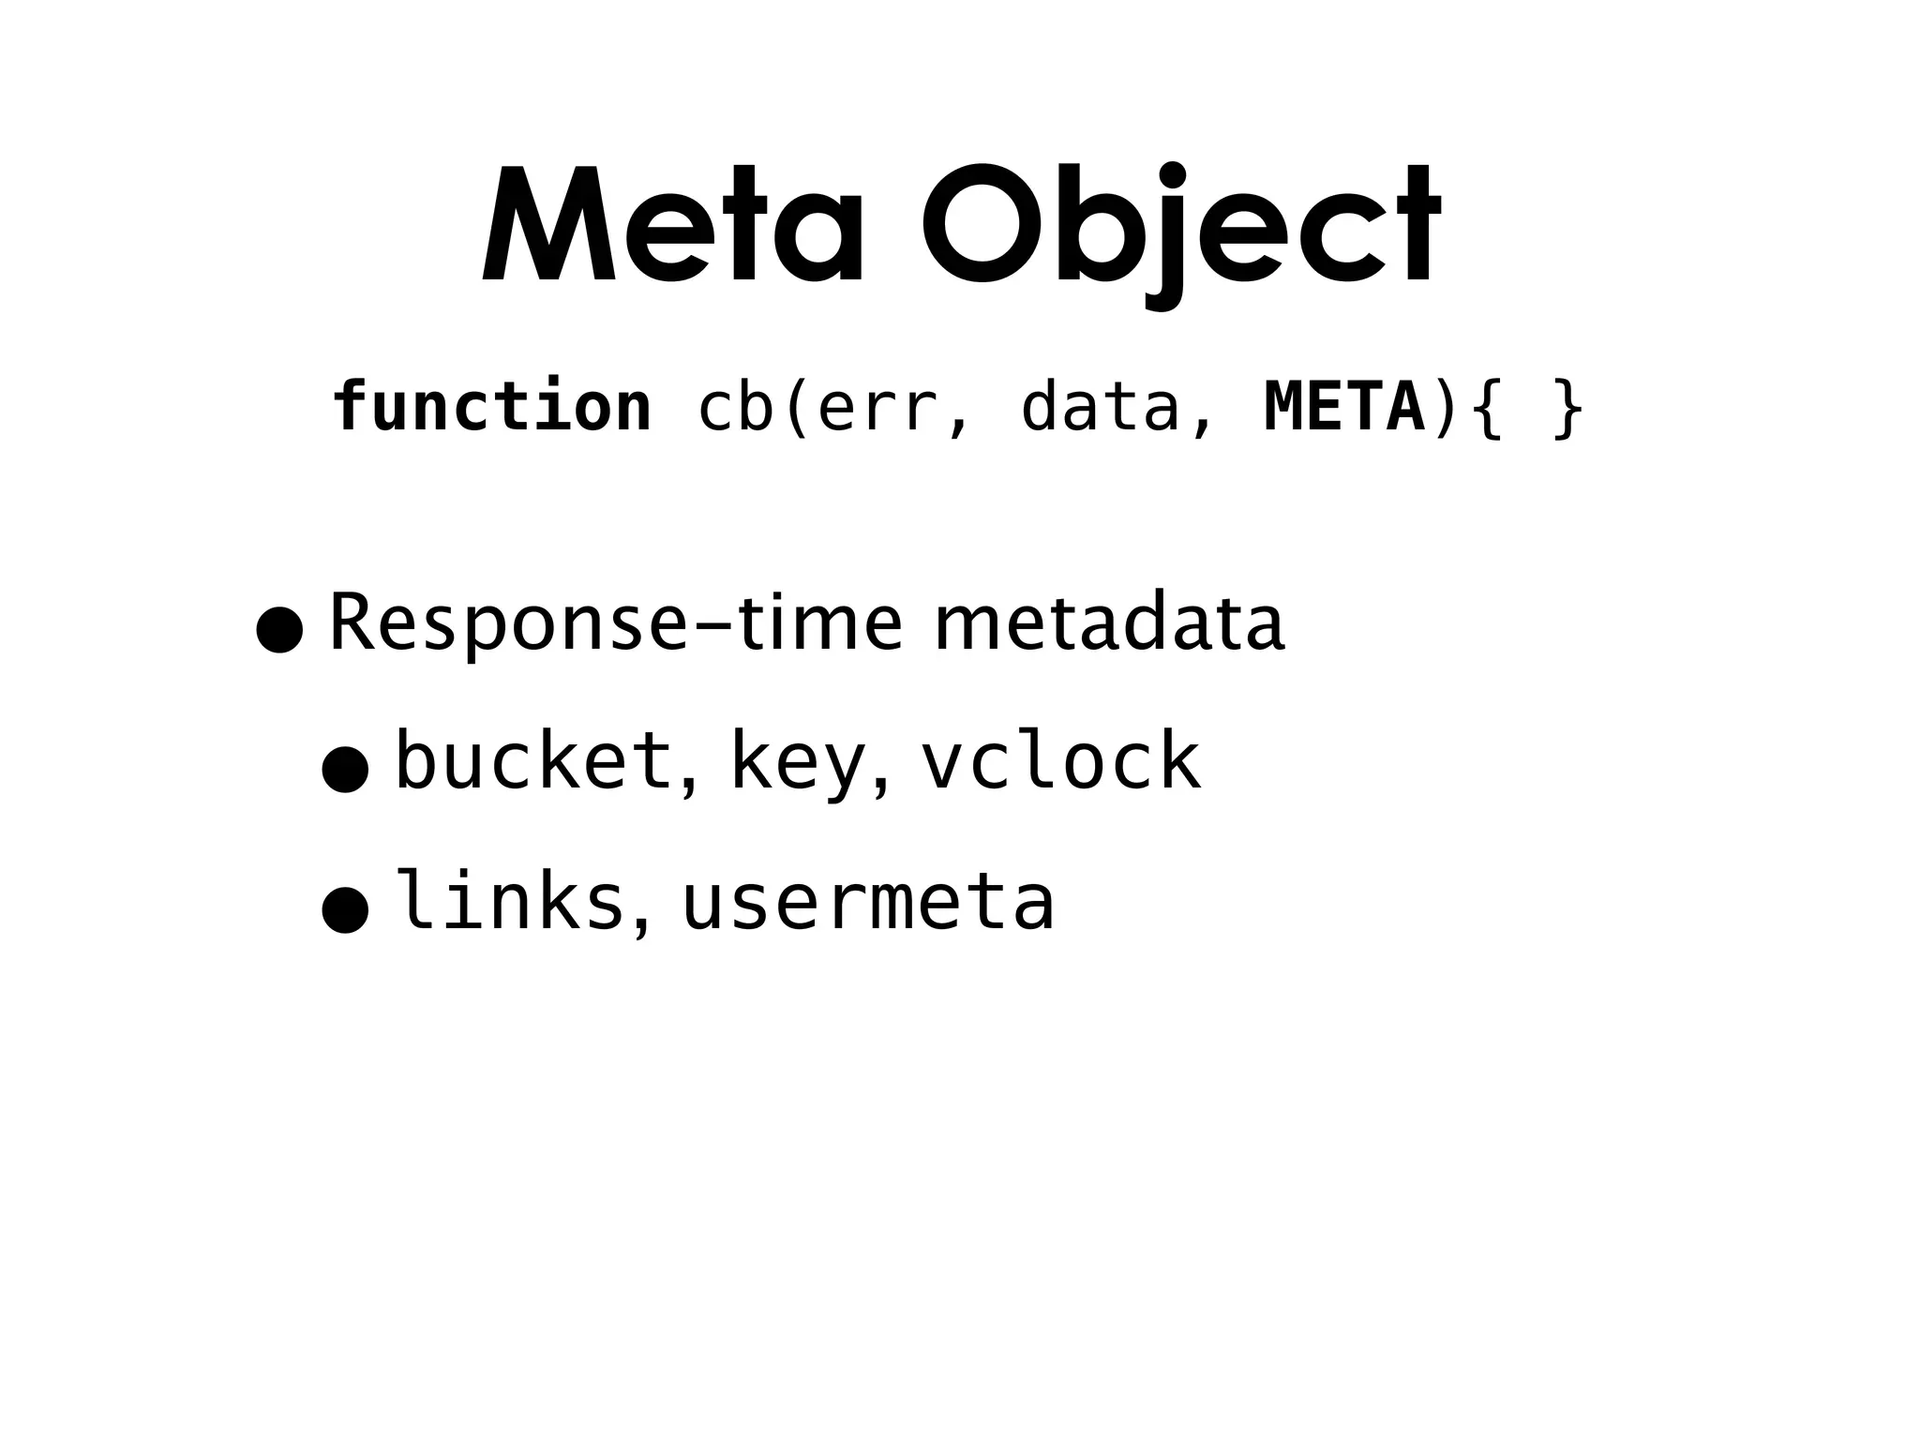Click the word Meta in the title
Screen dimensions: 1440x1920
coord(672,225)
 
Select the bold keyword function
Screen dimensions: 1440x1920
coord(492,407)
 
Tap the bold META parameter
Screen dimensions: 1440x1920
coord(1344,407)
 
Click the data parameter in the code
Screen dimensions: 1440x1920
coord(1100,407)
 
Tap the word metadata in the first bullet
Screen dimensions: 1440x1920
coord(1109,623)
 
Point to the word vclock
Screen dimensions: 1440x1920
coord(1060,761)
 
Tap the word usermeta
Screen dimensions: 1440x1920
coord(868,902)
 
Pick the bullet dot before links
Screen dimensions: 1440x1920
coord(344,910)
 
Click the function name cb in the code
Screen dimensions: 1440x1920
coord(736,407)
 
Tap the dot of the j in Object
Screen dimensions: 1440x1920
coord(1172,175)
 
